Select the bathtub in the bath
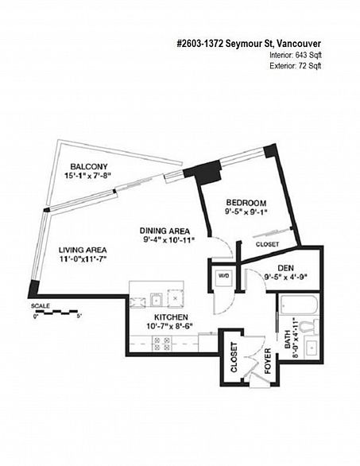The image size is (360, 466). coord(298,305)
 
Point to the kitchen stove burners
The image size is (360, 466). coord(162,344)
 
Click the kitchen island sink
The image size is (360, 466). coord(156,299)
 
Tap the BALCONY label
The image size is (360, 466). coord(89,166)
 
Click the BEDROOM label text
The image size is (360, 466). coord(246,203)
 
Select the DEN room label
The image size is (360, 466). coord(286,268)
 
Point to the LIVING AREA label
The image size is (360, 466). coord(83,250)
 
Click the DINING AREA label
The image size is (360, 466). coord(165,231)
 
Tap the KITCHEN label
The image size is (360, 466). coord(171,317)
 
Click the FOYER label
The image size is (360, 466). coord(268,361)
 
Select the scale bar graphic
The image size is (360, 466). coord(56,312)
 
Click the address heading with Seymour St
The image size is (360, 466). coord(249,44)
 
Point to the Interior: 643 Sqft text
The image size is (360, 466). coord(296,55)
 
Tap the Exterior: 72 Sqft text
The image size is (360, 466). coord(296,66)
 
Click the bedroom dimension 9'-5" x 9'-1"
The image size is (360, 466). coord(246,212)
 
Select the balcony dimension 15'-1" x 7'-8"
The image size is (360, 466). coord(88,175)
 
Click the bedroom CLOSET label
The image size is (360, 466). coord(267,244)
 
